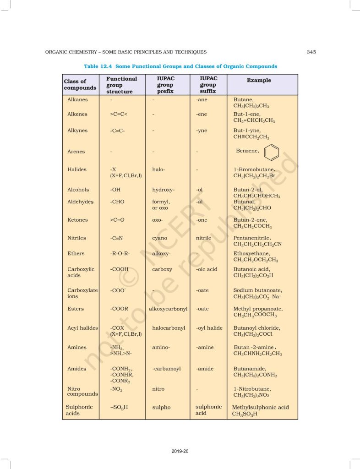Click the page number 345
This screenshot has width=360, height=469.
click(311, 52)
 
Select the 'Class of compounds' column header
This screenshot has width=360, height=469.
click(80, 85)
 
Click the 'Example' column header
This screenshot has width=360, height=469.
click(259, 81)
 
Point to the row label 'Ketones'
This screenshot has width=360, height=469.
click(77, 220)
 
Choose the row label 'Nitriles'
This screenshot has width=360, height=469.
click(76, 238)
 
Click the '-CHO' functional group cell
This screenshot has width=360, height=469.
click(117, 202)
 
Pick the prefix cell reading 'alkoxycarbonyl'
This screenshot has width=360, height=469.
click(168, 309)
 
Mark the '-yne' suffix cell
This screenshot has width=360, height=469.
click(202, 131)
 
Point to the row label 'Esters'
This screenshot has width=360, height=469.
click(76, 309)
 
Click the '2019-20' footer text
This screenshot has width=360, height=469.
click(180, 452)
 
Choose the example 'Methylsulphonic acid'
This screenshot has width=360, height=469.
click(261, 407)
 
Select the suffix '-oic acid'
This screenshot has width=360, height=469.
click(207, 269)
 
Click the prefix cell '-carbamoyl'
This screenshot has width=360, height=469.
click(167, 369)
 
